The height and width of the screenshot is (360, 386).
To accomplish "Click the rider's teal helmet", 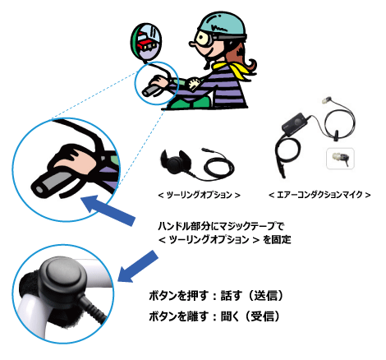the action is click(221, 25).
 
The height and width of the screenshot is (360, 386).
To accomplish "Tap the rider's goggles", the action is click(204, 38).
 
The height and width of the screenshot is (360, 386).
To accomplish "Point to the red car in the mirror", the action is click(147, 44).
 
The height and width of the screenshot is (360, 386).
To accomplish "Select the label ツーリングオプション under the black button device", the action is click(200, 196).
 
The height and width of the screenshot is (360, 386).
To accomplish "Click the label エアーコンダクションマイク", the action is click(319, 195).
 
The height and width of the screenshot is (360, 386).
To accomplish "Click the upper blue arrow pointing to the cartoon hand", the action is click(108, 210).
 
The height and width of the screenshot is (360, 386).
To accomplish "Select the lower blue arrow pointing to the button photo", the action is click(138, 266).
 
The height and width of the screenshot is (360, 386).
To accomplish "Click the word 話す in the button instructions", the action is click(232, 296).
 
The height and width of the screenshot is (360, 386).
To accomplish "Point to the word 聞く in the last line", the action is click(231, 316).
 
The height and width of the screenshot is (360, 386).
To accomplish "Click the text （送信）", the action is click(265, 296).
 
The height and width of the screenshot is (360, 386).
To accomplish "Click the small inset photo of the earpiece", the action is click(341, 159).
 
